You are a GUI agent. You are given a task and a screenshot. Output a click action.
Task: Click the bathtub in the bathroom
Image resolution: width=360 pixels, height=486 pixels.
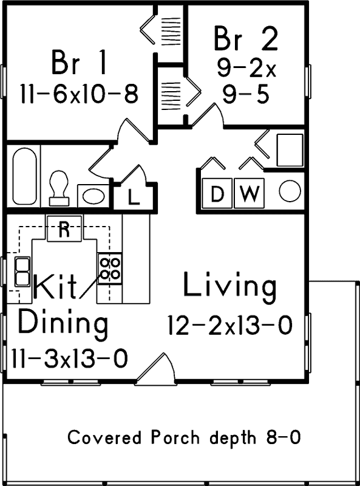click(24, 176)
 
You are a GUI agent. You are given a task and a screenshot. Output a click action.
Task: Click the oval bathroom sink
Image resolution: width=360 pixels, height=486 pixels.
click(93, 196)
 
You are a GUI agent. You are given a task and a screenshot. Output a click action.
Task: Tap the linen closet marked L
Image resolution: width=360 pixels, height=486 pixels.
click(134, 196)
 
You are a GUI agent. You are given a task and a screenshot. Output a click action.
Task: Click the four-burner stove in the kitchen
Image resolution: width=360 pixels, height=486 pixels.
click(109, 268)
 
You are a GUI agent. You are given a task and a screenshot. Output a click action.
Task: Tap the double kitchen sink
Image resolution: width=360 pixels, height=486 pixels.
click(23, 271)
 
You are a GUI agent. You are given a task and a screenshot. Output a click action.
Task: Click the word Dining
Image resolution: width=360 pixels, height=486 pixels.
click(63, 323)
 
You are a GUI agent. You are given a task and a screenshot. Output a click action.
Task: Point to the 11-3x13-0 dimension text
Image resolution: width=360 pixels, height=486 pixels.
click(69, 359)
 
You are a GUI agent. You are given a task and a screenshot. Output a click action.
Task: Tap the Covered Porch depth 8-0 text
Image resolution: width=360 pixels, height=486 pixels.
click(184, 437)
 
